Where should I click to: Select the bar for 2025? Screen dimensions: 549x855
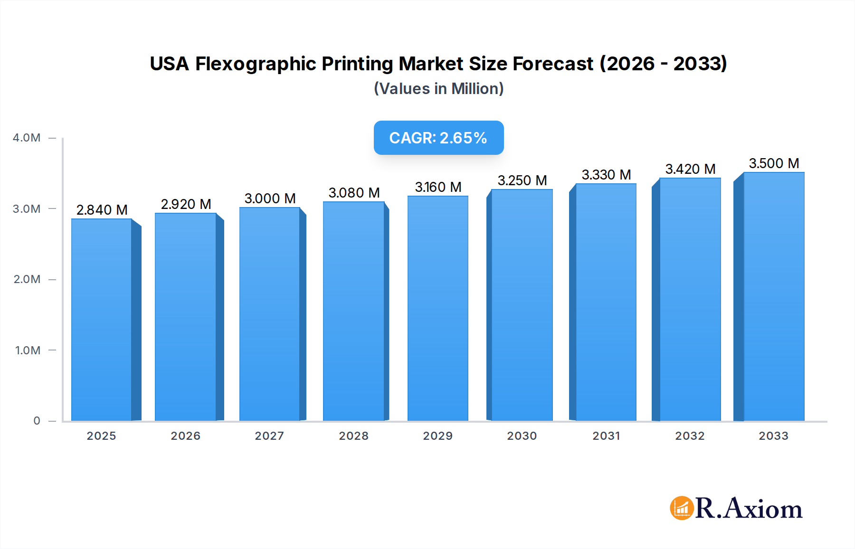pyautogui.click(x=102, y=319)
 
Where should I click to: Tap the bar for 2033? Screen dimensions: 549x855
pyautogui.click(x=774, y=296)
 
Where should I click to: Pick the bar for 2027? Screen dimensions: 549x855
pyautogui.click(x=270, y=313)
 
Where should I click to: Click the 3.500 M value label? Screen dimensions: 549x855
pyautogui.click(x=774, y=163)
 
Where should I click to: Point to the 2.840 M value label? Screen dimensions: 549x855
pyautogui.click(x=102, y=210)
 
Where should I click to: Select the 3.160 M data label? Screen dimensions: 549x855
pyautogui.click(x=438, y=187)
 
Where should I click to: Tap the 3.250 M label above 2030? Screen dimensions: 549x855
pyautogui.click(x=522, y=180)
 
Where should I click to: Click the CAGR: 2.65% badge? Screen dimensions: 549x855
pyautogui.click(x=438, y=138)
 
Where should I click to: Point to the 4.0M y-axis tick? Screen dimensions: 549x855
pyautogui.click(x=27, y=138)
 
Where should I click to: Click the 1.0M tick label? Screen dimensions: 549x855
pyautogui.click(x=28, y=350)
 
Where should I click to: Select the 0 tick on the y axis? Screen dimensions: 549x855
pyautogui.click(x=37, y=421)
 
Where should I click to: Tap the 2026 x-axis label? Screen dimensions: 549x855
pyautogui.click(x=186, y=436)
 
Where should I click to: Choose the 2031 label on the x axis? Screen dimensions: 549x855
pyautogui.click(x=606, y=436)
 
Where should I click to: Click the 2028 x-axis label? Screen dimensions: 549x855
pyautogui.click(x=353, y=436)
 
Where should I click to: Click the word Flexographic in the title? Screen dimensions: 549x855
pyautogui.click(x=256, y=64)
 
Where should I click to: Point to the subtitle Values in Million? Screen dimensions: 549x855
pyautogui.click(x=438, y=89)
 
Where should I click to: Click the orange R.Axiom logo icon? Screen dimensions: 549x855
pyautogui.click(x=682, y=508)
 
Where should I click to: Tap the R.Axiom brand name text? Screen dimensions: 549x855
pyautogui.click(x=749, y=509)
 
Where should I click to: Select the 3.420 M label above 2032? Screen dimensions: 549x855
pyautogui.click(x=690, y=169)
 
